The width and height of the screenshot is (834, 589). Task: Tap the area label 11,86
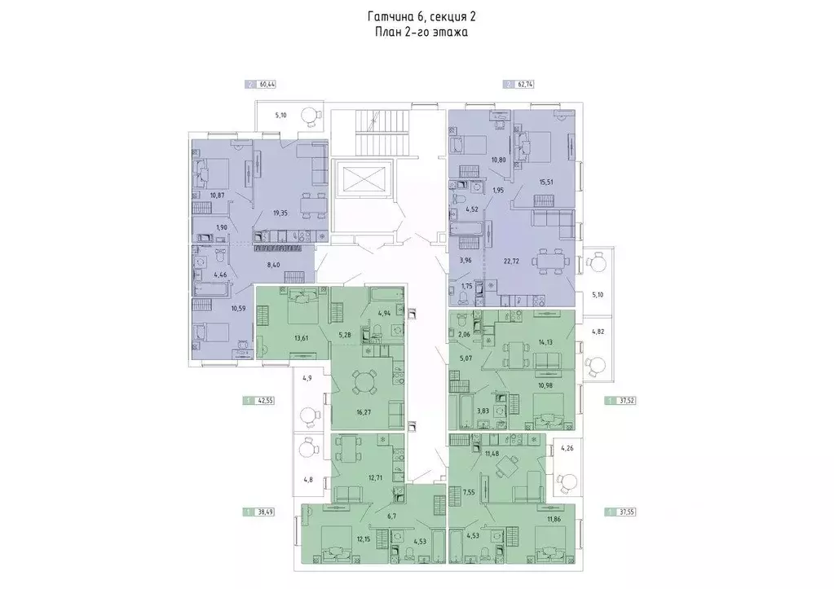coord(554,519)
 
